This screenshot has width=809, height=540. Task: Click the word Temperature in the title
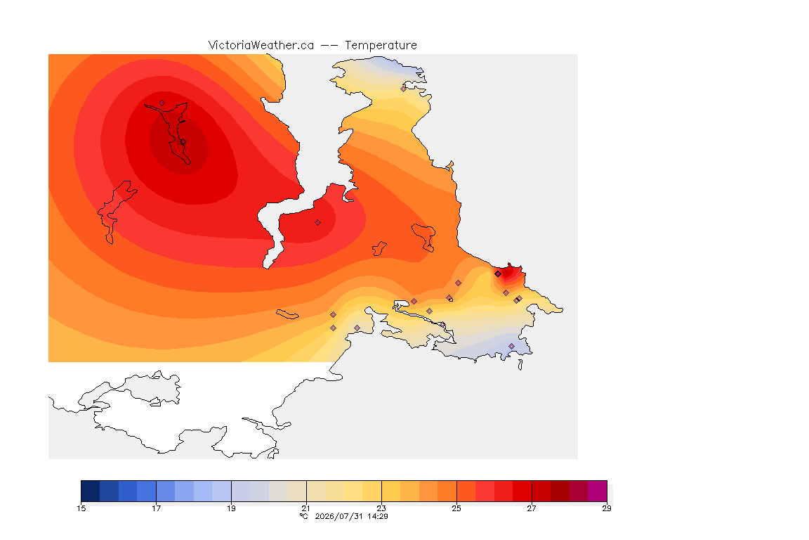pos(381,46)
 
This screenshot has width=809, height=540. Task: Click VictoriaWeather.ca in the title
pos(261,46)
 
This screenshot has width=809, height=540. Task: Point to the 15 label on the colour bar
pos(81,508)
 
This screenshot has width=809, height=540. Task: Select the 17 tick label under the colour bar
pos(157,508)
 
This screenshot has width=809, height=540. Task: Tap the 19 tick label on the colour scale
pos(231,508)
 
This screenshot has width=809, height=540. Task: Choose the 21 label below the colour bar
pos(306,508)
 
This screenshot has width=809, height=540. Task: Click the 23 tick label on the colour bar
pos(381,508)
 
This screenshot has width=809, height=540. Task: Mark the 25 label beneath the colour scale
pos(456,508)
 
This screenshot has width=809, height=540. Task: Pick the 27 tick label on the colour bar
pos(532,508)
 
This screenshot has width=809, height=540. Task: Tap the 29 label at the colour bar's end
pos(607,508)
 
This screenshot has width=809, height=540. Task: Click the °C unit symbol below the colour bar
pos(304,516)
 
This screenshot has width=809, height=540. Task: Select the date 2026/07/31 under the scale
pos(339,516)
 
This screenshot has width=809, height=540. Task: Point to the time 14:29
pos(378,516)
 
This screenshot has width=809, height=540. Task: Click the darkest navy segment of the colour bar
pos(91,491)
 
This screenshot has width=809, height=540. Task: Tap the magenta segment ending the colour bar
pos(598,491)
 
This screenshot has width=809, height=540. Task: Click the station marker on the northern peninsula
pos(404,89)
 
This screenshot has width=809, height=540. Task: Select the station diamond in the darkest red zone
pos(183,142)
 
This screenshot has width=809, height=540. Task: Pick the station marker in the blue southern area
pos(511,346)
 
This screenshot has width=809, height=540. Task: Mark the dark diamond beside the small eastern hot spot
pos(498,274)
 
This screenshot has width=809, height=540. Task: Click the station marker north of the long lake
pos(162,103)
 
